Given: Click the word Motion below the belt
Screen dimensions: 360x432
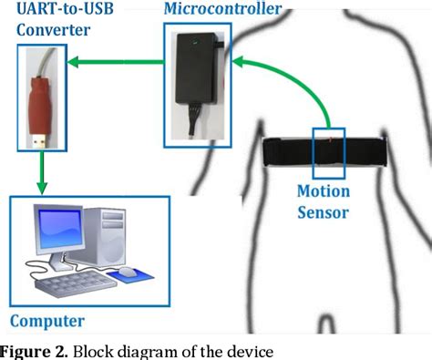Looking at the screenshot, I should click(323, 192).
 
